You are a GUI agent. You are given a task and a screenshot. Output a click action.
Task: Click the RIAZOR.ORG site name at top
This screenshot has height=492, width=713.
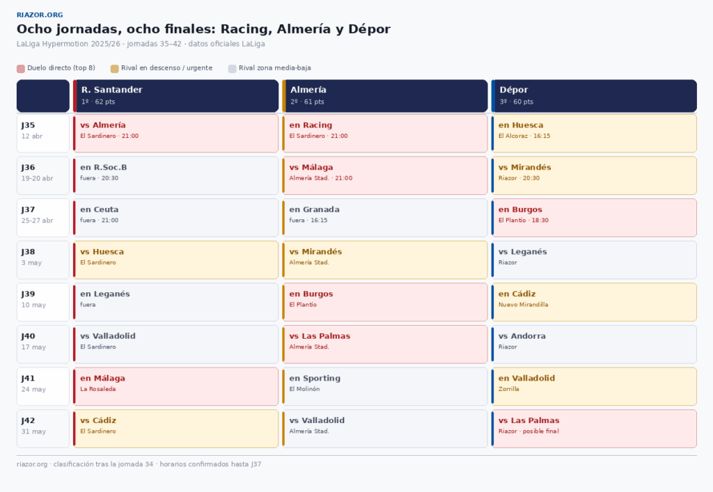point(40,15)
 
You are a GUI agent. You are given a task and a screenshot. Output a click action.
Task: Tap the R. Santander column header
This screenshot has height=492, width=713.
point(177,95)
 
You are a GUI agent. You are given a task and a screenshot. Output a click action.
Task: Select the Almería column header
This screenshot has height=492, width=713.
point(385,95)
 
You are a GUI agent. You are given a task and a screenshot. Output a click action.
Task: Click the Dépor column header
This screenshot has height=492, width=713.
point(594,95)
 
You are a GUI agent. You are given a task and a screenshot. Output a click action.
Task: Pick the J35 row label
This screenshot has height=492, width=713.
point(43,133)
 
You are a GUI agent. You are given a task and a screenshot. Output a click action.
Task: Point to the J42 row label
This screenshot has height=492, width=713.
point(43,428)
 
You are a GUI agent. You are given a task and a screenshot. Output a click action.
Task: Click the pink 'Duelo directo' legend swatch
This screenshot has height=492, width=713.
point(21,68)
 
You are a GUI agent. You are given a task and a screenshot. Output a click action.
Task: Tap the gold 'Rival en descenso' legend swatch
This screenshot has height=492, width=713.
point(114,68)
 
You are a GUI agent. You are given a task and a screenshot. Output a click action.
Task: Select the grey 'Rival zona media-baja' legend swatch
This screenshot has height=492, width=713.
point(233,68)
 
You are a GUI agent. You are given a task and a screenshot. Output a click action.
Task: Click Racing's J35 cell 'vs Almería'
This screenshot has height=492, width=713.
point(176,133)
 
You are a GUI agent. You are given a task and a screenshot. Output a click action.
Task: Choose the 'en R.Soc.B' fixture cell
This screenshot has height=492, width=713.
point(176,175)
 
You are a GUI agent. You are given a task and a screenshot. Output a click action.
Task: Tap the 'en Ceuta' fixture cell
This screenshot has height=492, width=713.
point(176,217)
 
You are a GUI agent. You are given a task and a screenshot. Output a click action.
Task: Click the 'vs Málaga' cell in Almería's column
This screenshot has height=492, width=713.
point(385,175)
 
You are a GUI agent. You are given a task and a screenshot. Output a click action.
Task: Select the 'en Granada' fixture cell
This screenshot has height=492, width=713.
point(385,217)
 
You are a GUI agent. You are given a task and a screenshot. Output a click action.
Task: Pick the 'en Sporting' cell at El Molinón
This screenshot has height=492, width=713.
point(385,386)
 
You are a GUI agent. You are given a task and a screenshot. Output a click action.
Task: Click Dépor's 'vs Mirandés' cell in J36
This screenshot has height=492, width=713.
point(594,175)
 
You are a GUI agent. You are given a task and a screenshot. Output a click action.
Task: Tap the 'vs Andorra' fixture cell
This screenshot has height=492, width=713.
point(594,344)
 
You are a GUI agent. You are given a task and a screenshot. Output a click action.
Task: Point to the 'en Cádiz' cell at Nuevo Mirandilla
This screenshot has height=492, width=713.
point(594,302)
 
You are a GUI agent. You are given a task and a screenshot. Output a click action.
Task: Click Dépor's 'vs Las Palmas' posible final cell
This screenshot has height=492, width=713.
point(594,428)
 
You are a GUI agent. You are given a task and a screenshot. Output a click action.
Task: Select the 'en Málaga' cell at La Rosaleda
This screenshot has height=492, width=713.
point(176,386)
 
